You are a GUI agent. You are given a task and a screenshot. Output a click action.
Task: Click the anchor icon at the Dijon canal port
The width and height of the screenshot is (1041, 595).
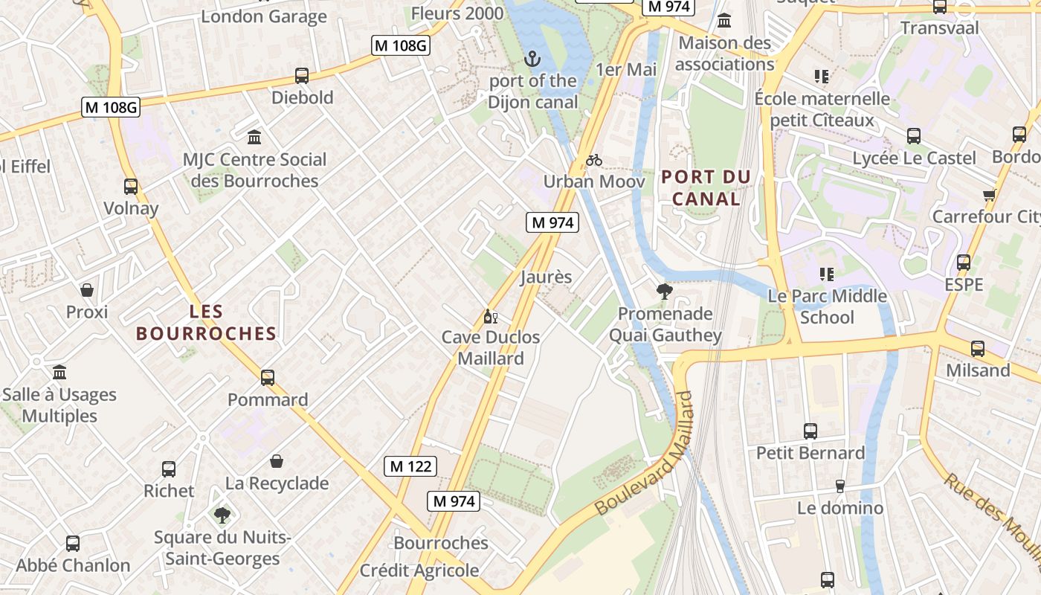click(532, 59)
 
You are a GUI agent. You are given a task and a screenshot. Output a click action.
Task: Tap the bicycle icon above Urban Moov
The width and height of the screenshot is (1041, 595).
click(593, 160)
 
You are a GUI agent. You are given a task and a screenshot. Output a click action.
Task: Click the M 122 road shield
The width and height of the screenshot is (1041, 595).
click(410, 466)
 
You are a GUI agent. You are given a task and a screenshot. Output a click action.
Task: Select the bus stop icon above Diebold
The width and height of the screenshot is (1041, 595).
click(302, 76)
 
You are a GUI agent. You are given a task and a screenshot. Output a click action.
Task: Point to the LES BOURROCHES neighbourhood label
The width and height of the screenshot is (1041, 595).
click(206, 323)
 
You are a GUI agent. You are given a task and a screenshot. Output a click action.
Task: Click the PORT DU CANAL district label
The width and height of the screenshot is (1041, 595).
click(706, 188)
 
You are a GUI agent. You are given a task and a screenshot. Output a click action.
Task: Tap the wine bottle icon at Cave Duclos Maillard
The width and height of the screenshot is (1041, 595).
click(490, 317)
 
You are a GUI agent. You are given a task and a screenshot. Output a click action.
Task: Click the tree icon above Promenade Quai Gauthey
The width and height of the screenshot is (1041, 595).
click(665, 292)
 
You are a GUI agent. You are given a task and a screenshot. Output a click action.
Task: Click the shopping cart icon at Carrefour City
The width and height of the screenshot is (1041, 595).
click(989, 196)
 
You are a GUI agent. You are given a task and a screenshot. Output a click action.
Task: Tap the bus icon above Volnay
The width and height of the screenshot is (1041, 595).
click(131, 187)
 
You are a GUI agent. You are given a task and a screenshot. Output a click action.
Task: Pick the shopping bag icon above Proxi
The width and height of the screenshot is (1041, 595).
click(87, 290)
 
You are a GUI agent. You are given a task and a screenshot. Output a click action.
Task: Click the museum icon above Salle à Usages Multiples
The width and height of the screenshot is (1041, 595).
click(59, 372)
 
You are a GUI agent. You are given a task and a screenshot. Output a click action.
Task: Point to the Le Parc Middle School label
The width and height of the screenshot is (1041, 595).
click(827, 306)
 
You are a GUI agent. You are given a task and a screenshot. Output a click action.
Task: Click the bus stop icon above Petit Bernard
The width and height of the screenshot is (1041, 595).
click(810, 431)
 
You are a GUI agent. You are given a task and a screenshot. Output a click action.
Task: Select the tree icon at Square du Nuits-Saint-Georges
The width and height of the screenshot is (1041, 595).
click(222, 515)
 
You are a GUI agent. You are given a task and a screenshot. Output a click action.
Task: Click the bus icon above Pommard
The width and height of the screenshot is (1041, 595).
click(268, 378)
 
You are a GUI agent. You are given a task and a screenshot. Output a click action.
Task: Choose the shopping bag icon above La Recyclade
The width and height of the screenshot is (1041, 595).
click(277, 462)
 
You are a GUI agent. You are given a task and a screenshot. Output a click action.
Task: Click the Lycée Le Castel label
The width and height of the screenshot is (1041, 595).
click(914, 158)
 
